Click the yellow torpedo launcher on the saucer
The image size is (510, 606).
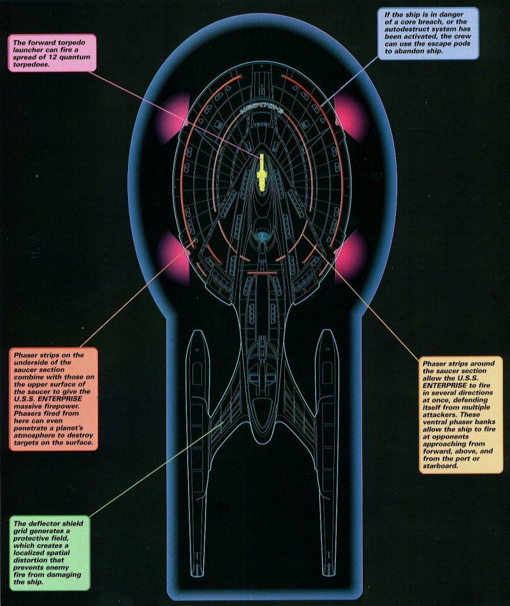pos(261,173)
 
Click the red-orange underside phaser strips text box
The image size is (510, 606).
pos(53,398)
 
